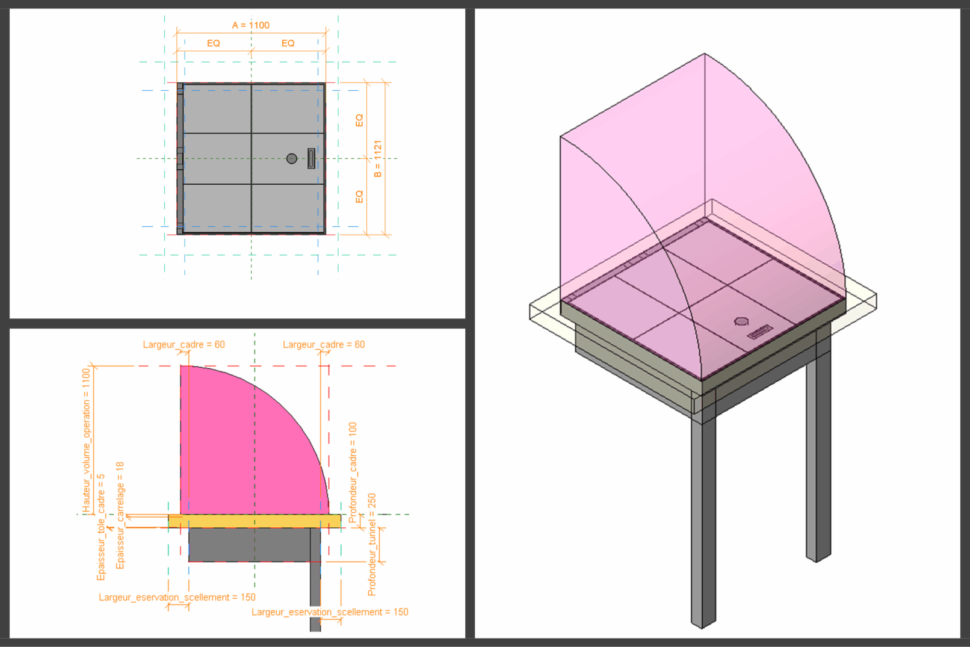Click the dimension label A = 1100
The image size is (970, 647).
click(251, 25)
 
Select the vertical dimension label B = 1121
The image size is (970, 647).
click(378, 158)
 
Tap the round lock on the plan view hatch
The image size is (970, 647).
click(292, 158)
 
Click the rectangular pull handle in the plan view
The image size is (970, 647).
click(311, 158)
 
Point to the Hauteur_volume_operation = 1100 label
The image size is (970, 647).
click(86, 440)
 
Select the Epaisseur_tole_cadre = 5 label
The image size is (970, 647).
click(101, 527)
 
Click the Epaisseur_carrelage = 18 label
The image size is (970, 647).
click(120, 515)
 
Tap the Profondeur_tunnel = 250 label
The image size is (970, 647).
click(371, 544)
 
